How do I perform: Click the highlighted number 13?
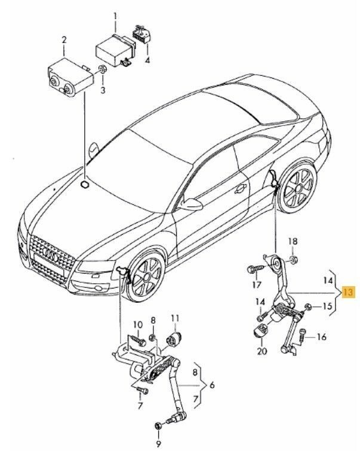pos(348,292)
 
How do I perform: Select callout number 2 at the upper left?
pos(64,41)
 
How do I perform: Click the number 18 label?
pos(292,241)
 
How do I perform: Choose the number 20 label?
pos(260,351)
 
